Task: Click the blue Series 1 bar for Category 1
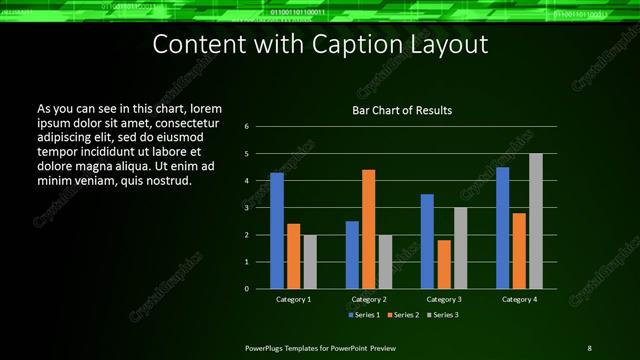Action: tap(277, 231)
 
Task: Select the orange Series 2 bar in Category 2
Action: tap(368, 229)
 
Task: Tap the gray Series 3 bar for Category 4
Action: tap(536, 221)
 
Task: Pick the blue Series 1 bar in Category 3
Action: tap(427, 241)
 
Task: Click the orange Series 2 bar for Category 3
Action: tap(443, 264)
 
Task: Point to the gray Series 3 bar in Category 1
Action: tap(310, 262)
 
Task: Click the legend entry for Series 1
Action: tap(363, 315)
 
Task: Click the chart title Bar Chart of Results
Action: tap(401, 110)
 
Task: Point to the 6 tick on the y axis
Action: tap(246, 127)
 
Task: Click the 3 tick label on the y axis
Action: tap(246, 208)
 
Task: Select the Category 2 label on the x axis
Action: tap(369, 299)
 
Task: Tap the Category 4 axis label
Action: tap(519, 299)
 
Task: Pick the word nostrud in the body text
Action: tap(167, 180)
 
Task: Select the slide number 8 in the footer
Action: tap(589, 347)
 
